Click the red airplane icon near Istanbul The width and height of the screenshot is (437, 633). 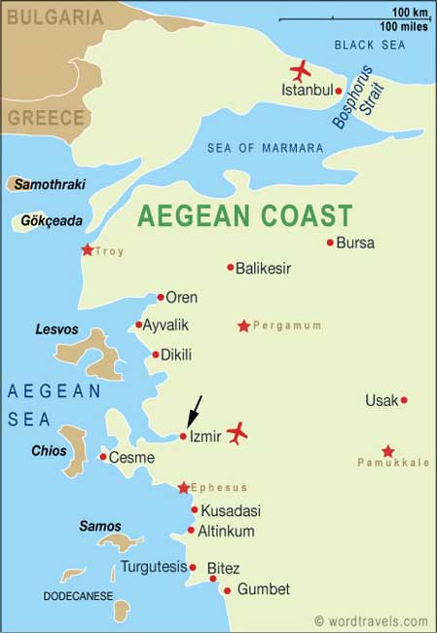pos(301,71)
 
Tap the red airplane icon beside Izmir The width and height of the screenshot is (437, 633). pos(237,433)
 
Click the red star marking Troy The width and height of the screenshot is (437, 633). pos(88,250)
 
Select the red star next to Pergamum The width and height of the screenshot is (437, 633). pos(243,326)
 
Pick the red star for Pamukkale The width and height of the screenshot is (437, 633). pos(388,451)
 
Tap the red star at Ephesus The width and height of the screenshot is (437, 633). pos(183,487)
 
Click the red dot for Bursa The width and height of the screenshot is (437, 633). pos(330,242)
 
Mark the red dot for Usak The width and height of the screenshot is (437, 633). pos(404,399)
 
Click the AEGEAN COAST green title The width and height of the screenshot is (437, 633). pos(244,214)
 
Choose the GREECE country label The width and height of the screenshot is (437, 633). pos(46,117)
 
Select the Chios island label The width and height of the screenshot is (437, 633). pos(49,451)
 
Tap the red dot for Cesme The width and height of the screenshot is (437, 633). pos(103,457)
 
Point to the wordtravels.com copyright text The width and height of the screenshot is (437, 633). pos(371,620)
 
